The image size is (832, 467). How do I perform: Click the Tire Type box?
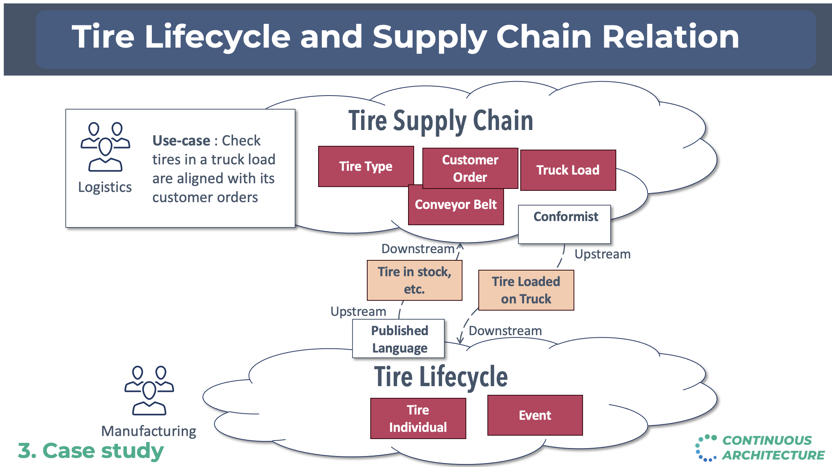click(366, 166)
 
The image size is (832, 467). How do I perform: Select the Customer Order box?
click(470, 168)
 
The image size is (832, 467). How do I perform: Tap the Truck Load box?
click(568, 170)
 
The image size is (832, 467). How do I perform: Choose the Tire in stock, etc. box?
click(414, 280)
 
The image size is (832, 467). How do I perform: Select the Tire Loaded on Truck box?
click(526, 290)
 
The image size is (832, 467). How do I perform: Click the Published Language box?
click(399, 339)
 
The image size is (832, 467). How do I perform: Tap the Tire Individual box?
click(418, 418)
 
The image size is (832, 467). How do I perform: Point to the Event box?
click(535, 415)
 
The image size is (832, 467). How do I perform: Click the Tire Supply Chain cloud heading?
click(441, 121)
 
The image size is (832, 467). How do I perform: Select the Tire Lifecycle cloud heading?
click(441, 377)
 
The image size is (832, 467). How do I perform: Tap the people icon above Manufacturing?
click(149, 391)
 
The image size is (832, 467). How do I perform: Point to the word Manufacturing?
click(149, 431)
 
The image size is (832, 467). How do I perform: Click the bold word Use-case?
click(181, 141)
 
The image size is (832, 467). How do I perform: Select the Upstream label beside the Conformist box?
click(602, 254)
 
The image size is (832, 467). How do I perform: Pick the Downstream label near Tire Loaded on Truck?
click(505, 331)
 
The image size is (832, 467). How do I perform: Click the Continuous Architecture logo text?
click(773, 448)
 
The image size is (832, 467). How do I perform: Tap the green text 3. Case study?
click(91, 451)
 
